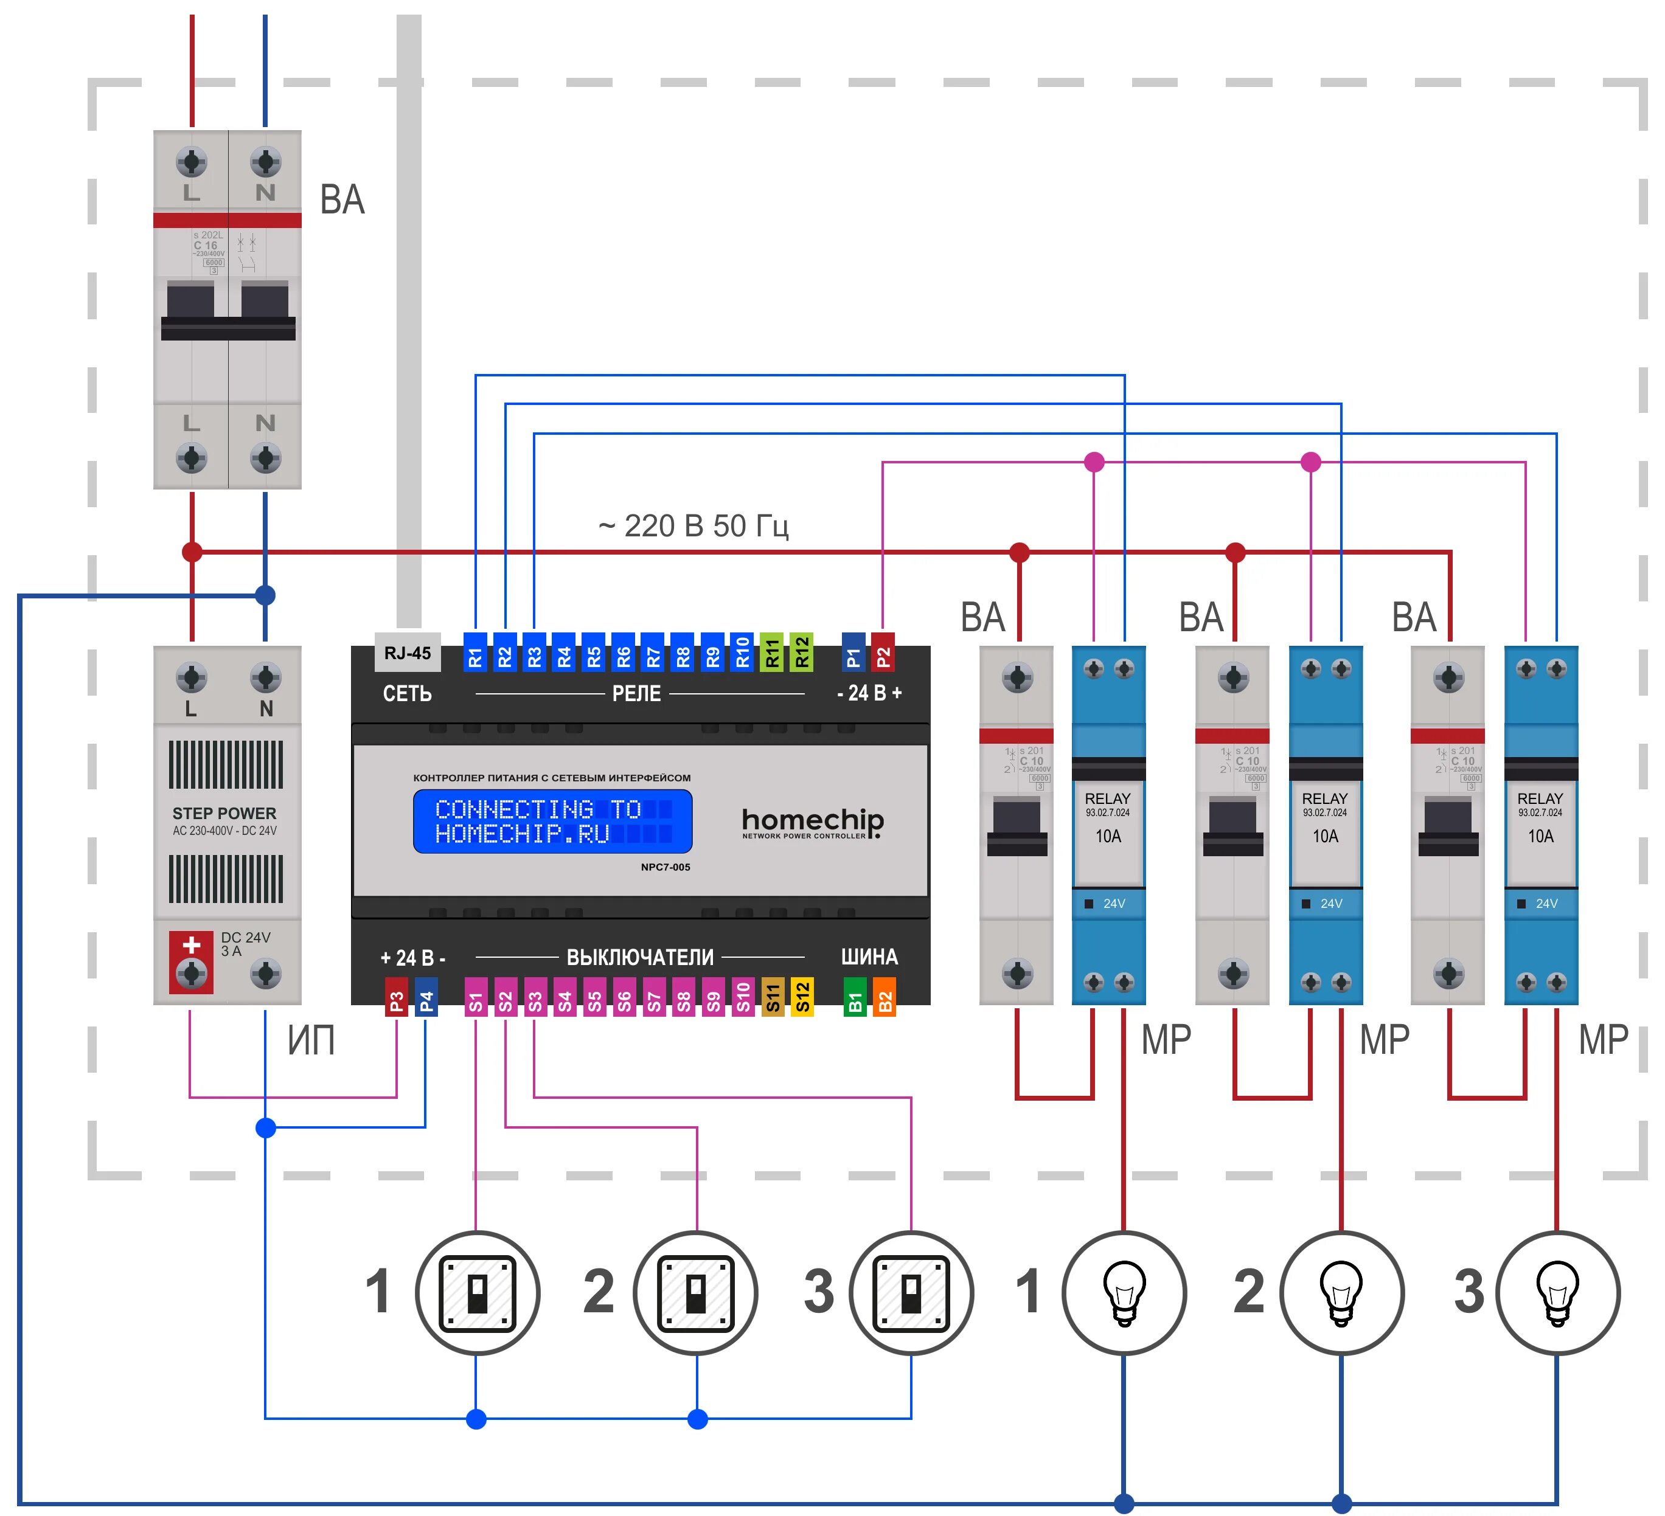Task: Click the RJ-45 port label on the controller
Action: pos(407,653)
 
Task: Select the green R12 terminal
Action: pos(802,653)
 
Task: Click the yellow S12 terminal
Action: pos(802,997)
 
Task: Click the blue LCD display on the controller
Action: pos(552,822)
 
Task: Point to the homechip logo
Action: pos(813,822)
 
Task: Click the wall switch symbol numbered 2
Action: pos(696,1292)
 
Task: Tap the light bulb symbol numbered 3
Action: pos(1558,1292)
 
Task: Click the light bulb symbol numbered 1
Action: pos(1124,1292)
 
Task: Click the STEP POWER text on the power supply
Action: pos(224,813)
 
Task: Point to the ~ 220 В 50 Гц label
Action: pos(693,525)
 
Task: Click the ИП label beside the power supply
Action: pos(311,1040)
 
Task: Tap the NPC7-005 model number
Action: pos(665,867)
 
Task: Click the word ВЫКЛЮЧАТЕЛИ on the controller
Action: pos(640,958)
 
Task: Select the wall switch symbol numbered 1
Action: pos(478,1292)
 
